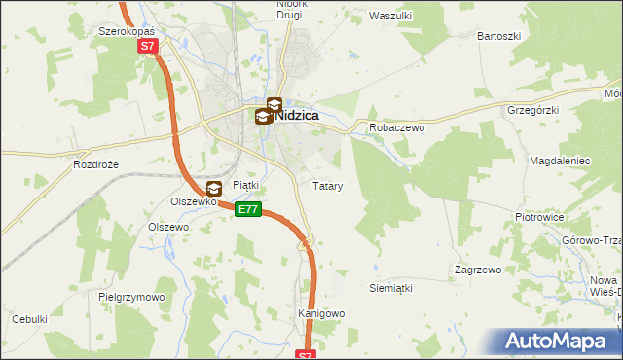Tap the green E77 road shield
(248, 209)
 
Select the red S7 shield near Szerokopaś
(147, 46)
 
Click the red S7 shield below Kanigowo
(306, 355)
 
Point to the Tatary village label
(326, 185)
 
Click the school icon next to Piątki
(215, 189)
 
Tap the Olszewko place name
(192, 201)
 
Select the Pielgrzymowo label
(132, 297)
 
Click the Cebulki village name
(29, 319)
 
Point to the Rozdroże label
(95, 165)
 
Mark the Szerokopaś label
(128, 30)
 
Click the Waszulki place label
(391, 16)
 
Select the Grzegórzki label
(532, 110)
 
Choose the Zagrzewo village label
(477, 270)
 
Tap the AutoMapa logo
(561, 341)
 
